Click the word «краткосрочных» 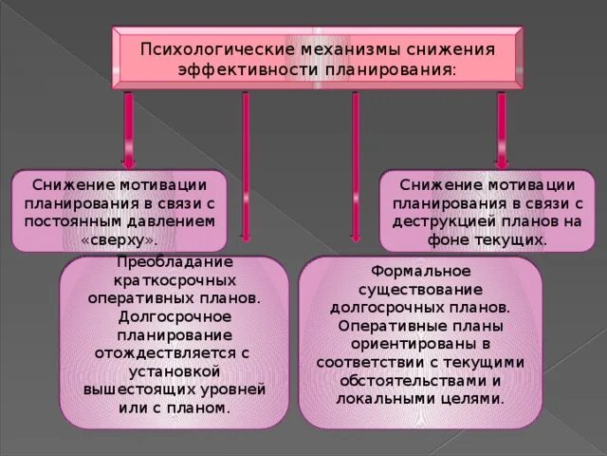(175, 281)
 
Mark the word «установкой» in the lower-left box (175, 371)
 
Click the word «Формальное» (421, 272)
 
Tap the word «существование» (420, 290)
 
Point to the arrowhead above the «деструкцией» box (502, 161)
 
